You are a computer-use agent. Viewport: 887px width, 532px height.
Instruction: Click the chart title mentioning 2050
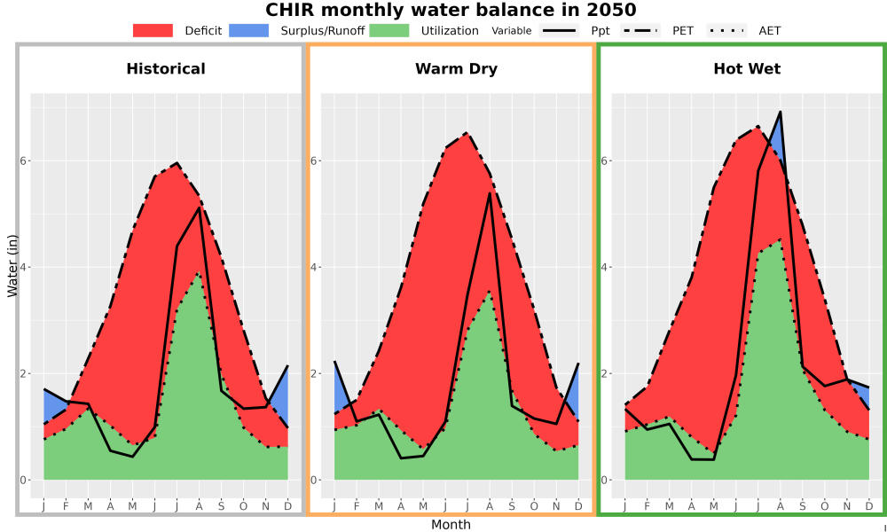tap(451, 10)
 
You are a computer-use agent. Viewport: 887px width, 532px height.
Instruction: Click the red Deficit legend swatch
tap(153, 30)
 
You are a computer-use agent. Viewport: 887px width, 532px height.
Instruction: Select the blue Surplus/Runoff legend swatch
tap(249, 30)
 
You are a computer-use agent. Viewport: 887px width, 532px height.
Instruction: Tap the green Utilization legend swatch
tap(389, 30)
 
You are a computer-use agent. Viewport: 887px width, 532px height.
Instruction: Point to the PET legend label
tap(683, 31)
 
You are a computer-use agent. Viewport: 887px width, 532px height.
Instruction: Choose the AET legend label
tap(769, 31)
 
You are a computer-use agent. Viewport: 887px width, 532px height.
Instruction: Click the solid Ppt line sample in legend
tap(558, 30)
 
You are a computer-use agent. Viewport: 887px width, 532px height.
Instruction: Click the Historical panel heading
tap(166, 69)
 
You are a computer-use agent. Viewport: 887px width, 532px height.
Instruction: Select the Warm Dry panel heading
tap(457, 69)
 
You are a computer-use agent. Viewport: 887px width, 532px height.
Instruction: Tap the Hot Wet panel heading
tap(747, 69)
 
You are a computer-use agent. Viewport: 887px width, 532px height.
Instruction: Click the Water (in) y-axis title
tap(12, 266)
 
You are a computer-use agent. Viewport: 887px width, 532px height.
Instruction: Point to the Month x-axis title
tap(451, 525)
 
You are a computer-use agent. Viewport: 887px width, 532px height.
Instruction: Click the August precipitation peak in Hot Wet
tap(781, 112)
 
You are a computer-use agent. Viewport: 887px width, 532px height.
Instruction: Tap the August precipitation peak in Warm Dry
tap(490, 194)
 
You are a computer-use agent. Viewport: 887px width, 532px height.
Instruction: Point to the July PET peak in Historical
tap(177, 163)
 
